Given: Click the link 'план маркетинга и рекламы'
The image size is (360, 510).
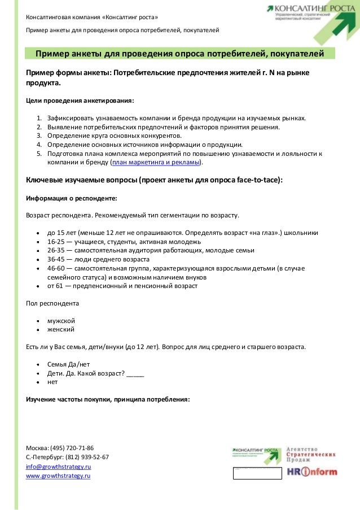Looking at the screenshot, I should [x=156, y=163].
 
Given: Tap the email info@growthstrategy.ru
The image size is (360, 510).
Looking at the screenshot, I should [x=59, y=467].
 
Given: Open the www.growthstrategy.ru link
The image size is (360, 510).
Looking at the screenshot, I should [x=58, y=476].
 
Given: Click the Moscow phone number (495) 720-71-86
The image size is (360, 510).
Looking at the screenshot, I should [x=72, y=447].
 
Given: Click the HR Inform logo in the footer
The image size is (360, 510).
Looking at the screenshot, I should [x=312, y=472].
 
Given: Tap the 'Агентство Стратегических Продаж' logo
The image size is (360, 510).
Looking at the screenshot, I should [x=311, y=454].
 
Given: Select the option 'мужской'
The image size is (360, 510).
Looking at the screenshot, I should [x=61, y=320].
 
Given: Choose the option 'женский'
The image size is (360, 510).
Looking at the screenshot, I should [x=61, y=329].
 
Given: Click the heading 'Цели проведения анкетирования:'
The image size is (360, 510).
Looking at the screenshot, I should [x=81, y=101].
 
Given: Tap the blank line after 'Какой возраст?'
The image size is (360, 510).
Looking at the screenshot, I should [x=135, y=373].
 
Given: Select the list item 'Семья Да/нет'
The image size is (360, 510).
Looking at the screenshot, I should [x=68, y=364].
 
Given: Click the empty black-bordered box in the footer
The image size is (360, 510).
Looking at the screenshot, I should [x=257, y=473].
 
